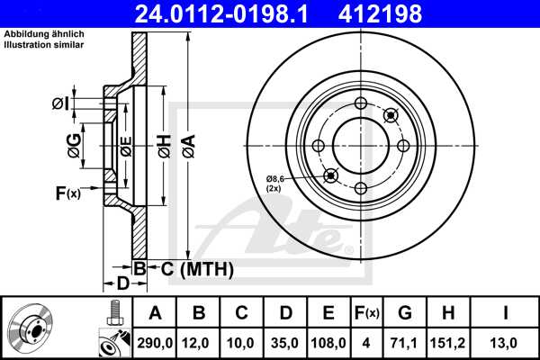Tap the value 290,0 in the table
click(155, 343)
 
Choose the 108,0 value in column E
click(328, 343)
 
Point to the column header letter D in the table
click(284, 313)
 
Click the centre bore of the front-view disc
click(360, 145)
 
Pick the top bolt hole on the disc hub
click(360, 103)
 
